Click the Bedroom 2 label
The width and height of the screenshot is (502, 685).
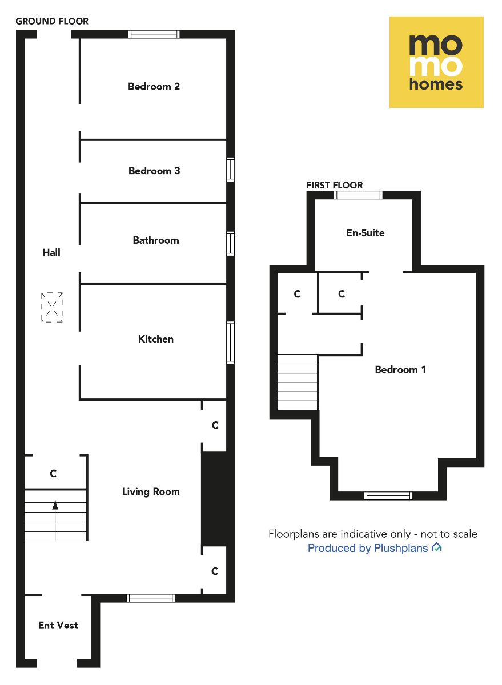[x=154, y=87]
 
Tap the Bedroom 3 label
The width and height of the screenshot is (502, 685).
[x=154, y=171]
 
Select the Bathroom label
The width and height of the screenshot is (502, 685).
[x=156, y=240]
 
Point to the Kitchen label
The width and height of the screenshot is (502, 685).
[x=156, y=339]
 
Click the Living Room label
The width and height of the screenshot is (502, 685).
[x=151, y=491]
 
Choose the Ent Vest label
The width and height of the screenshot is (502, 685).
[x=58, y=626]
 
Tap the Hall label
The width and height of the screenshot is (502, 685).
[x=51, y=252]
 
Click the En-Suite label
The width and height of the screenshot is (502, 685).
[x=366, y=233]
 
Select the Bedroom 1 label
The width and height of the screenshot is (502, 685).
[x=400, y=370]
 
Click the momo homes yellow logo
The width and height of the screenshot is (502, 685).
[x=436, y=62]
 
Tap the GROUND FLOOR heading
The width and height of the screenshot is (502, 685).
[x=52, y=21]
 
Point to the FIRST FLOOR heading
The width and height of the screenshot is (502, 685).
[x=335, y=185]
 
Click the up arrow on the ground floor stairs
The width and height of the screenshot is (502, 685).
[x=55, y=505]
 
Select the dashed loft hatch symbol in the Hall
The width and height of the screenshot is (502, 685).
[x=52, y=308]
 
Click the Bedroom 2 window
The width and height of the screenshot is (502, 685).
[x=154, y=34]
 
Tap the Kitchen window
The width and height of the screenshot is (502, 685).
[x=231, y=342]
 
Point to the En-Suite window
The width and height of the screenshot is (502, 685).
[x=358, y=195]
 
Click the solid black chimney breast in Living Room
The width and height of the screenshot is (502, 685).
[x=215, y=499]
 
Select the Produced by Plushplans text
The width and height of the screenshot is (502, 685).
[x=368, y=549]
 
